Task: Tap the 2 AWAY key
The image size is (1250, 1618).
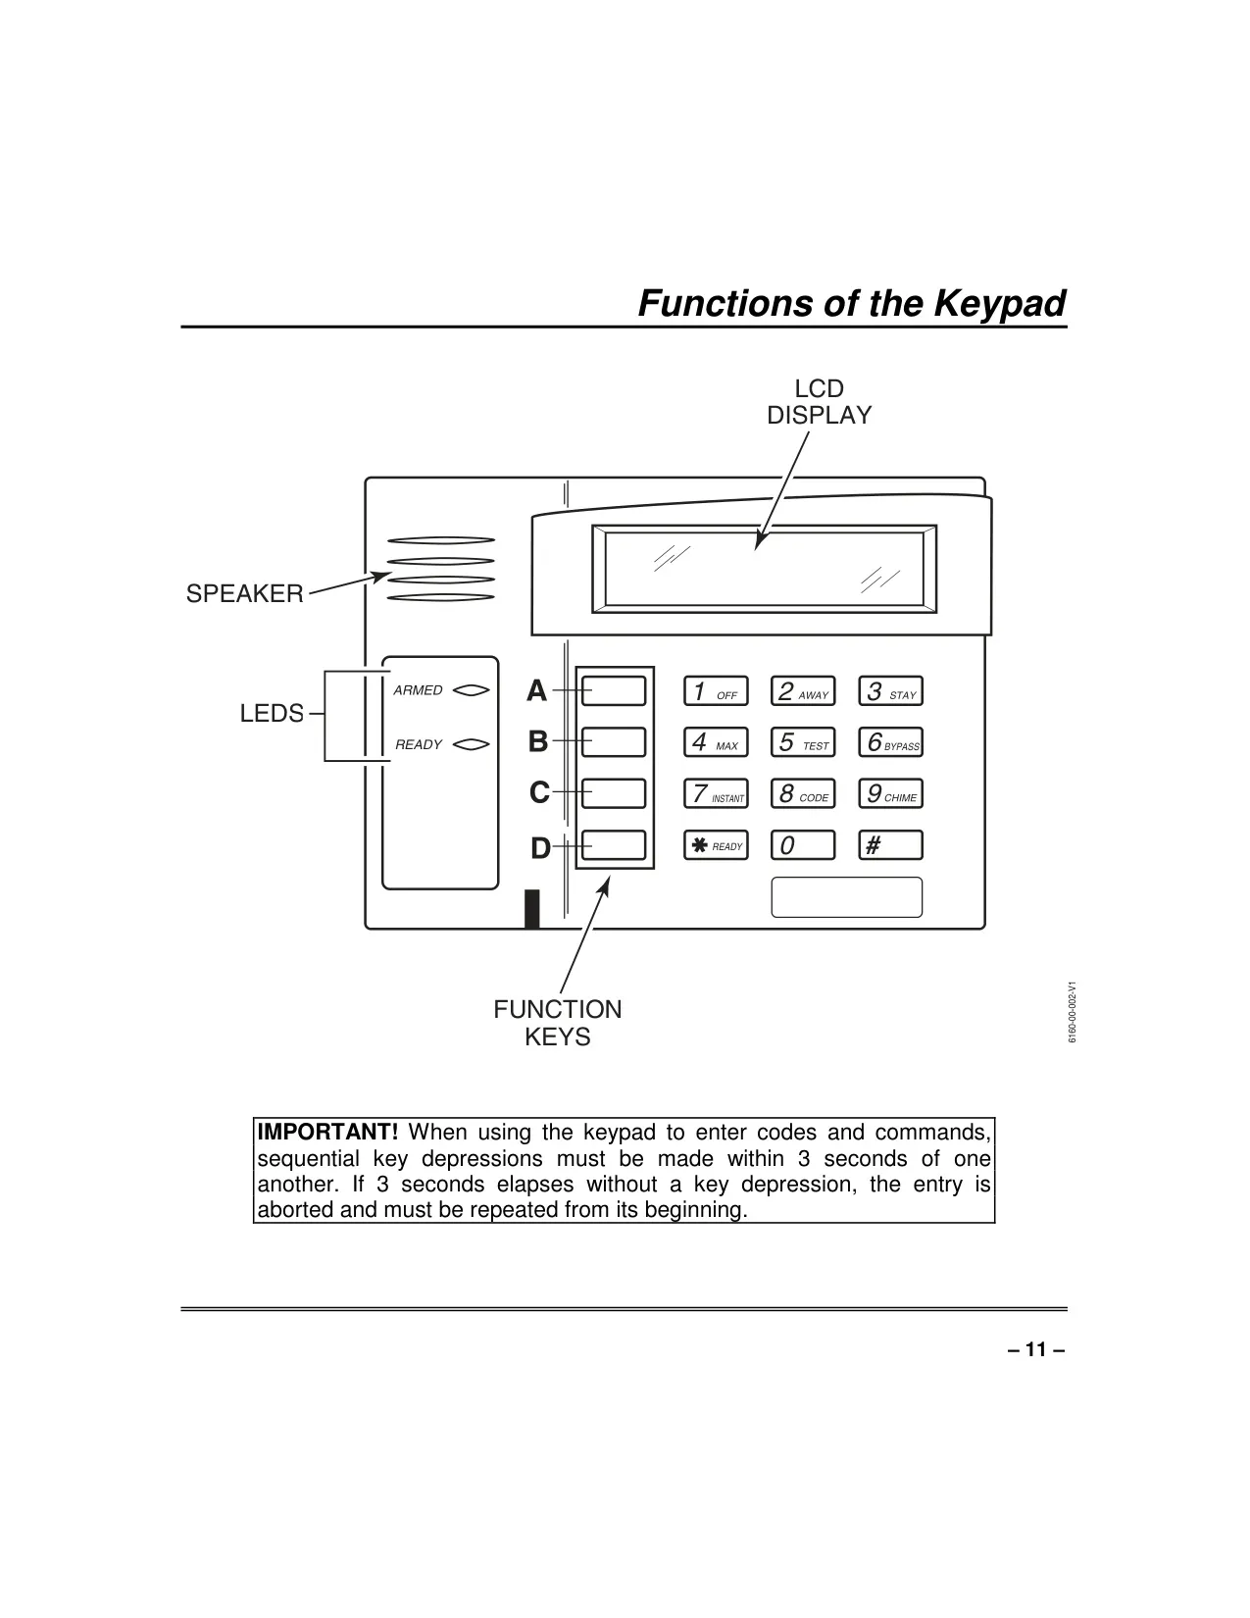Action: click(x=803, y=691)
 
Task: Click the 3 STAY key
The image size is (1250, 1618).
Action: click(x=890, y=691)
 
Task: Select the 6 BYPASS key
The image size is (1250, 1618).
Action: click(x=890, y=742)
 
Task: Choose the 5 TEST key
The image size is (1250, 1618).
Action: click(x=803, y=742)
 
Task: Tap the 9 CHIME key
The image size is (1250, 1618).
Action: click(x=890, y=793)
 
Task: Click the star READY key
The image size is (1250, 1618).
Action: click(x=716, y=845)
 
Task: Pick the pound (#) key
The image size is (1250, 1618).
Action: click(x=890, y=845)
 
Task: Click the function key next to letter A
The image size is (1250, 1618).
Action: click(x=614, y=691)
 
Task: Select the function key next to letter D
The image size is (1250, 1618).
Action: click(x=614, y=845)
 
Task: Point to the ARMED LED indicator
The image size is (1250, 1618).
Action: click(x=471, y=690)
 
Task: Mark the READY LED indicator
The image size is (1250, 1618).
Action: click(x=471, y=744)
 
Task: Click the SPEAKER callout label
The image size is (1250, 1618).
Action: click(x=245, y=593)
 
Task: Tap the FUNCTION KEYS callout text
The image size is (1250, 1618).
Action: click(x=558, y=1023)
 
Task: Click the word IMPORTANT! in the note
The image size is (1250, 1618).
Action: click(x=327, y=1132)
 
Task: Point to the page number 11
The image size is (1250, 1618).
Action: click(x=1036, y=1349)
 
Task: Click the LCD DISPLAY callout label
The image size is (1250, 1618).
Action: click(x=819, y=402)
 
